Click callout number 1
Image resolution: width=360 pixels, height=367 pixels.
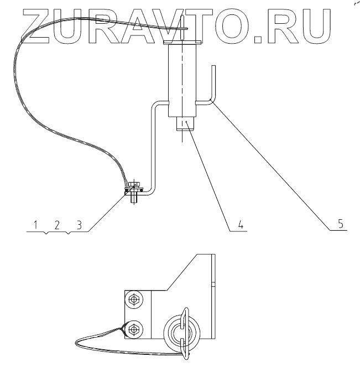pos(35,225)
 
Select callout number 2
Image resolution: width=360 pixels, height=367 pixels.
pos(56,225)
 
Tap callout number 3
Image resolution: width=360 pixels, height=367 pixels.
pos(79,225)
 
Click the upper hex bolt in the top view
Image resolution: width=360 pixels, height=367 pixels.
pos(133,300)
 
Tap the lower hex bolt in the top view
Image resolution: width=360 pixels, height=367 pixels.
pos(133,331)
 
